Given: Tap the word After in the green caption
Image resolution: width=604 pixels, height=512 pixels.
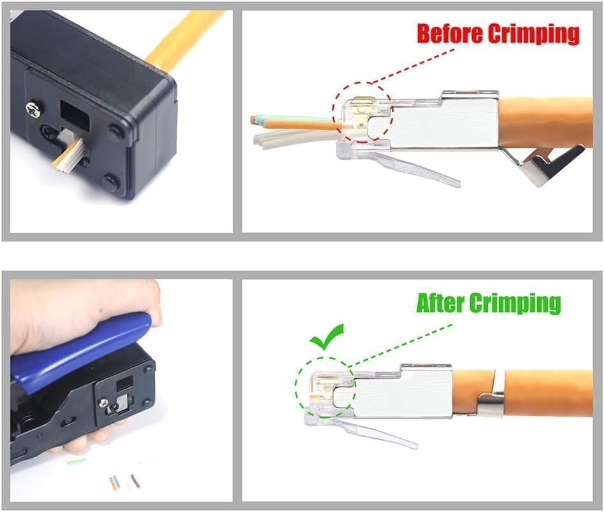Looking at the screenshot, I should (441, 303).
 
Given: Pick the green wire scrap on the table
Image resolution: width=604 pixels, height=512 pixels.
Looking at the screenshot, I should (76, 460).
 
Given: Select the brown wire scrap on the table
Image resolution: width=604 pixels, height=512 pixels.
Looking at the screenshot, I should (135, 480).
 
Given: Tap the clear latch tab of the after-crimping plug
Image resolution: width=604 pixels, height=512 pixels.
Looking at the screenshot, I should (376, 435).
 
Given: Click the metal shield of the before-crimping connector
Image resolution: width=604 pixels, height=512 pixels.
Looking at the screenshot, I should (446, 121).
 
